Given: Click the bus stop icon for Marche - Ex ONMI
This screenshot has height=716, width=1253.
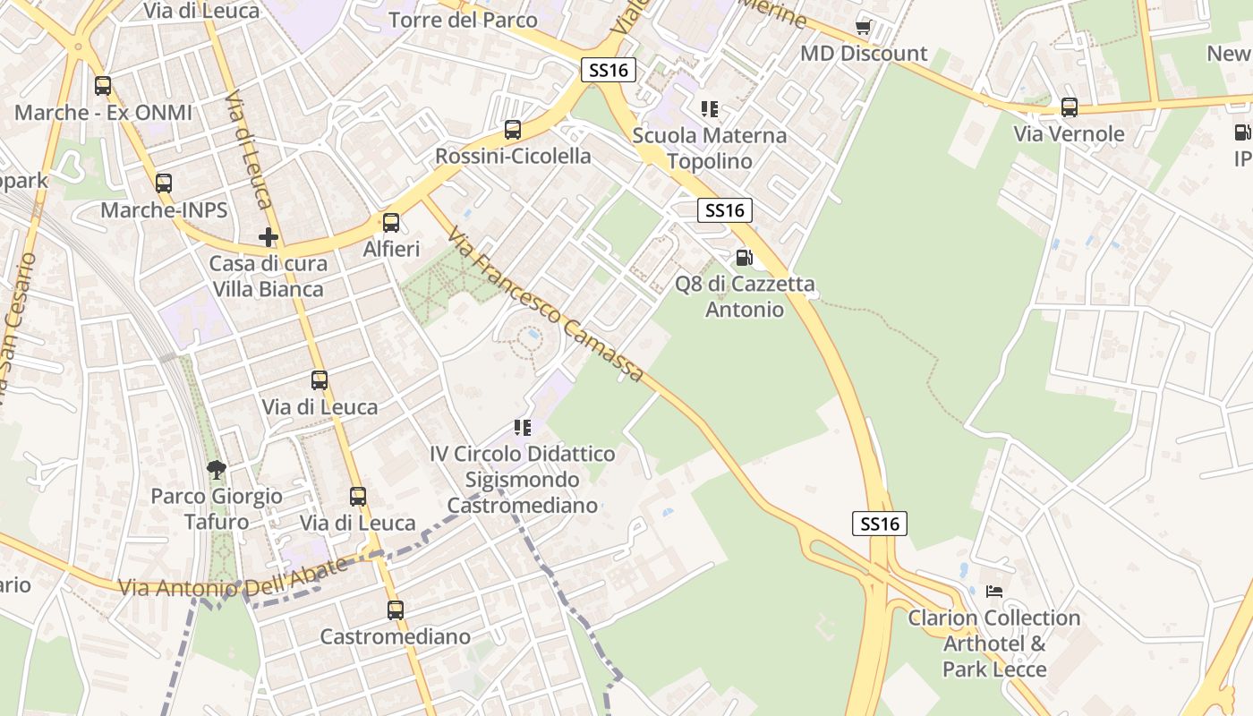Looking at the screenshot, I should click(103, 87).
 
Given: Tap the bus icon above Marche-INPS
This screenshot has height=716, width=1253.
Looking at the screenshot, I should click(163, 183).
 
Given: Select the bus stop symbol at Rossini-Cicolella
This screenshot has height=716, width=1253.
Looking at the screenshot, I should click(513, 130).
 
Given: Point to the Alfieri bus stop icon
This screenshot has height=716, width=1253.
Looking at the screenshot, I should click(391, 223).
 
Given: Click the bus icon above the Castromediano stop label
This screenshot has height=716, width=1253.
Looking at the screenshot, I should click(396, 610).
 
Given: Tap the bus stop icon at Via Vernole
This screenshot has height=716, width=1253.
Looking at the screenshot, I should click(1070, 107).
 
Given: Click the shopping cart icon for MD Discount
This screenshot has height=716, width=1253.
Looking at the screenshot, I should click(864, 26).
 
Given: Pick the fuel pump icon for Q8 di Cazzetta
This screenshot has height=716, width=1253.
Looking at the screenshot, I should click(744, 258).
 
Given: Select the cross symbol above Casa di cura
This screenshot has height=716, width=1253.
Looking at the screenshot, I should click(268, 237).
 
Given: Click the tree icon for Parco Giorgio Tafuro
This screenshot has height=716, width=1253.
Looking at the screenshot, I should click(216, 469).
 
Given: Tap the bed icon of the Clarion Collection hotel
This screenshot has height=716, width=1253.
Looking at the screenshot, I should click(994, 591).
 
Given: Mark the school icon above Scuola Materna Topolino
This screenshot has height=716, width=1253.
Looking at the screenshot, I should click(710, 109).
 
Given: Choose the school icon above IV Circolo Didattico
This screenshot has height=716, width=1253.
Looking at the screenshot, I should click(523, 428).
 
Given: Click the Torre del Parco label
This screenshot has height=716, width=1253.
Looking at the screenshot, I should click(464, 20).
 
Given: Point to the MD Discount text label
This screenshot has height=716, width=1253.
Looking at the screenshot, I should click(864, 53).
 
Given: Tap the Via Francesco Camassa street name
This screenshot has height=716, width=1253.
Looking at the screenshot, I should click(546, 304).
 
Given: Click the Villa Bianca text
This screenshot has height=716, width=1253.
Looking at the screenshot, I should click(268, 289).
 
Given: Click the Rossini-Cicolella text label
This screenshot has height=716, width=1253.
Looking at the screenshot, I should click(513, 157).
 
